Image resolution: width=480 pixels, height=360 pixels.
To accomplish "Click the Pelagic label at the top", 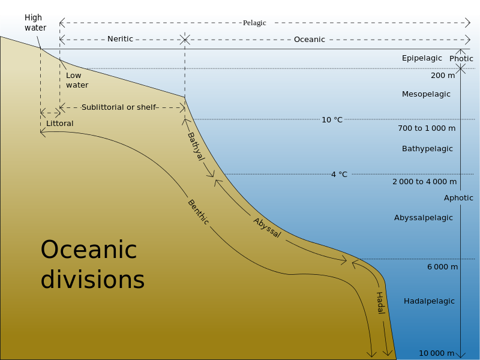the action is (254, 23).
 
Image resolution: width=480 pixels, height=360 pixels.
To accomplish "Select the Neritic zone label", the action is (120, 39).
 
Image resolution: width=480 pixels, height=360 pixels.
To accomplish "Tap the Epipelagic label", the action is (422, 58).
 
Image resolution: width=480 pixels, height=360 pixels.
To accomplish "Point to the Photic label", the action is (461, 58).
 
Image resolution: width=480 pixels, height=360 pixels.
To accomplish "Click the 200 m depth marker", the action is (443, 76).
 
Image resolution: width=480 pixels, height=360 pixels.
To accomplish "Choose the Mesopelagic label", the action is (426, 94).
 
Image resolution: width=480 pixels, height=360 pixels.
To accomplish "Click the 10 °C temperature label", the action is (332, 119).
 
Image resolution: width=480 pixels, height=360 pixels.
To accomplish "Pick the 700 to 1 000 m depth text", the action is (427, 128).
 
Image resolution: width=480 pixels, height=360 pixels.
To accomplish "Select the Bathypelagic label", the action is (427, 149).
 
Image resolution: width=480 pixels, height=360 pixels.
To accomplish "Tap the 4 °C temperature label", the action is (339, 175).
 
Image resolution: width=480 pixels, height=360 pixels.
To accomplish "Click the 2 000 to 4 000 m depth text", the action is (425, 182).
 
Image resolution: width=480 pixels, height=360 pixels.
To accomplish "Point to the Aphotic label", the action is (458, 198).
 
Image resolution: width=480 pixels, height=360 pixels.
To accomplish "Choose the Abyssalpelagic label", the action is (424, 218).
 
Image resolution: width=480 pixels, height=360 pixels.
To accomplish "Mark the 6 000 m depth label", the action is (443, 267).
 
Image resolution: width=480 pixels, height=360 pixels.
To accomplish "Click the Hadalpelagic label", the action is (429, 301).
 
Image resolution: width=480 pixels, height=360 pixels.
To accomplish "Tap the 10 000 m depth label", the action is (437, 353).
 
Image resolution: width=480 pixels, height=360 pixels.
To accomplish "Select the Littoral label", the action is (59, 124).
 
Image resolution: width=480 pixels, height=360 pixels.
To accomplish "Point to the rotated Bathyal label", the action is (196, 146).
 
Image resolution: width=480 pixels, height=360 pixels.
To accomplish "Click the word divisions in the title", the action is (92, 279).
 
